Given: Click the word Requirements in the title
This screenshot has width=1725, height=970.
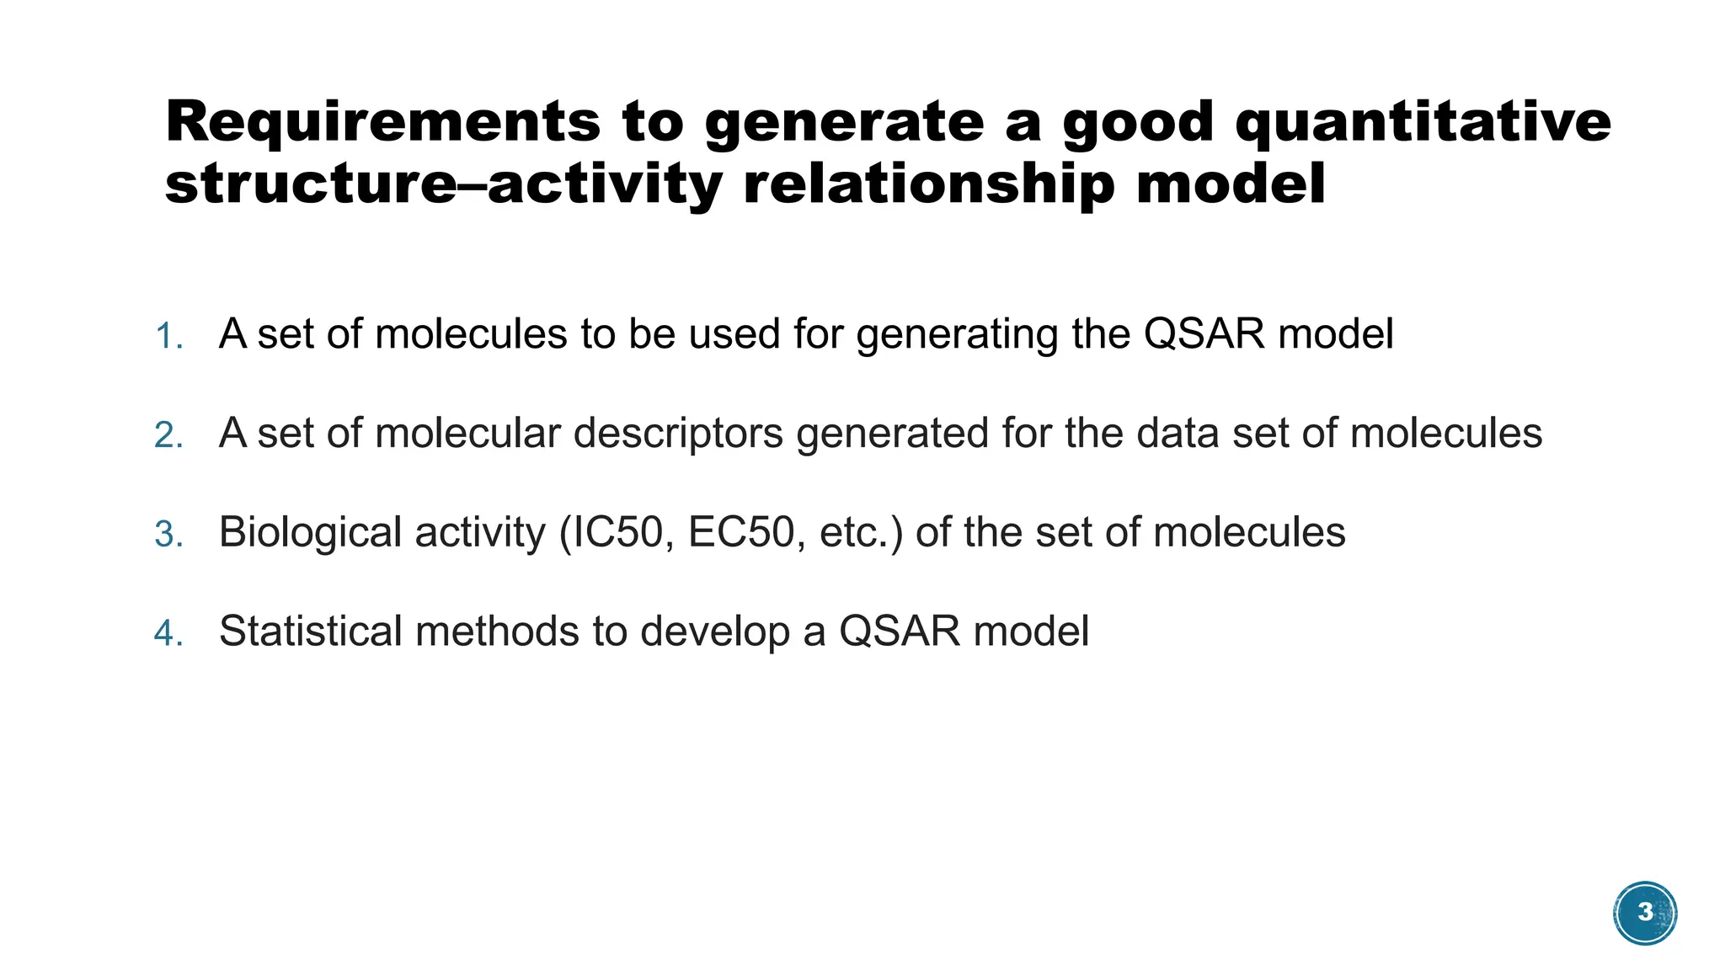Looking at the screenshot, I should click(382, 123).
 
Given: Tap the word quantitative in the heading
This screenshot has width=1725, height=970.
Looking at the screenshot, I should click(1423, 123).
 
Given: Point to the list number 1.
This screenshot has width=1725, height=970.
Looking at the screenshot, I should click(168, 337).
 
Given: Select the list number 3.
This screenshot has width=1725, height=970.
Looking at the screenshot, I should click(168, 535).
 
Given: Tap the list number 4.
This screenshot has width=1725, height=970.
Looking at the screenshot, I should click(168, 633).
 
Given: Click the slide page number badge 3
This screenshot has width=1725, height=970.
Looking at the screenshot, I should click(1645, 913).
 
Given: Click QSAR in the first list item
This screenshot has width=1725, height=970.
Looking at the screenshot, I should click(1204, 334).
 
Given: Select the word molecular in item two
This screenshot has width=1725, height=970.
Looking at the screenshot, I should click(467, 434).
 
